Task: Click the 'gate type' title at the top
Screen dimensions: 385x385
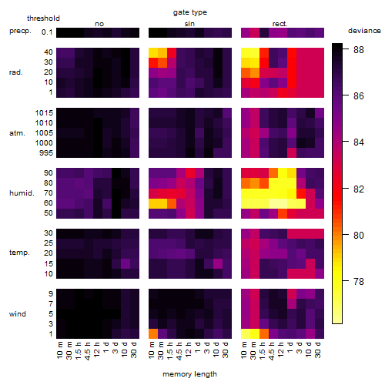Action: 190,12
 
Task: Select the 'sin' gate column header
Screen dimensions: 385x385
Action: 189,24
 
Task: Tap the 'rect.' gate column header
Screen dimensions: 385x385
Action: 280,24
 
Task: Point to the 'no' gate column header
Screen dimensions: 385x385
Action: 99,24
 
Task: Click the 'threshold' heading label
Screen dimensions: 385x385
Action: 43,18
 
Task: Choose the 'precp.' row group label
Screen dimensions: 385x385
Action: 20,31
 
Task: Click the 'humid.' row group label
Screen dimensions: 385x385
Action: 22,193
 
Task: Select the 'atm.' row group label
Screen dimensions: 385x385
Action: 17,133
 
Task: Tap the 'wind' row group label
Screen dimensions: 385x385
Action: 18,314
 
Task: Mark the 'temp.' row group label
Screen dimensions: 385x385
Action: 19,253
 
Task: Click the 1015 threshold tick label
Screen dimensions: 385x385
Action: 44,113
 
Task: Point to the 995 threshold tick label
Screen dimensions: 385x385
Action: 46,153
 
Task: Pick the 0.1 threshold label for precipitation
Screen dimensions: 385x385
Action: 47,32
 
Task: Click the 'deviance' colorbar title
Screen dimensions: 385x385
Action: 364,31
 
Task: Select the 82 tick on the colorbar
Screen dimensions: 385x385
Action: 359,189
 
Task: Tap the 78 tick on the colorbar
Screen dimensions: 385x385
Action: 359,282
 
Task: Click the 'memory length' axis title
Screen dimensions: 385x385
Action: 189,374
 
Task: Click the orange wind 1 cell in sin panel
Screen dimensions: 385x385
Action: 153,334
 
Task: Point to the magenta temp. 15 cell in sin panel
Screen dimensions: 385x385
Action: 218,263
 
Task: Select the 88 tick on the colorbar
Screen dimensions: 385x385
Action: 359,49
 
